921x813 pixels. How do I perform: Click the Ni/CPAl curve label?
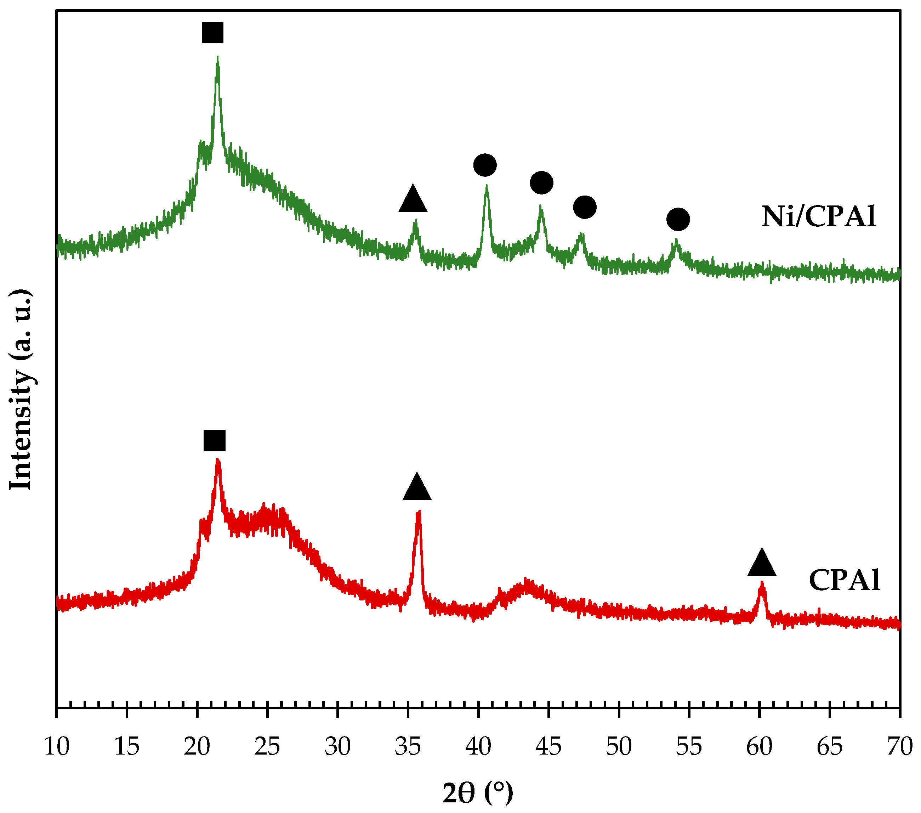coord(818,216)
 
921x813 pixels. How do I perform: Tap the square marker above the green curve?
coord(212,33)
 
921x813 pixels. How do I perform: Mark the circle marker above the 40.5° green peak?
coord(485,165)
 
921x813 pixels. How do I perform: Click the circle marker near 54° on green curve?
coord(678,220)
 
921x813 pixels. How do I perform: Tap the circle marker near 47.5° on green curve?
coord(584,207)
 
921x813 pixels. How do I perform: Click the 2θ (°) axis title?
coord(478,793)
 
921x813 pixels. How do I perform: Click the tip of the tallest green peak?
coord(218,58)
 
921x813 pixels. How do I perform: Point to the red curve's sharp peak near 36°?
coord(419,512)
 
